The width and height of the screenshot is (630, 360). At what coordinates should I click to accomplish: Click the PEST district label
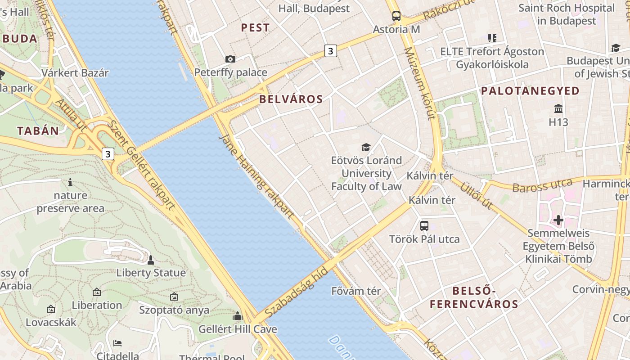[x=255, y=28]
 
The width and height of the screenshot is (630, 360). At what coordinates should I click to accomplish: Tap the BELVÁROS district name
[x=291, y=99]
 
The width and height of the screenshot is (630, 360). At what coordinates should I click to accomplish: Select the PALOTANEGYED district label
[x=530, y=91]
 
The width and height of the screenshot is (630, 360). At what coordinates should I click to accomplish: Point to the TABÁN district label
[x=38, y=131]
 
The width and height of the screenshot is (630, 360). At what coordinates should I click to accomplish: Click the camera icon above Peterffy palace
[x=230, y=59]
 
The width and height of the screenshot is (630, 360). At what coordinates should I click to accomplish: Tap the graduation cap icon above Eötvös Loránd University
[x=366, y=147]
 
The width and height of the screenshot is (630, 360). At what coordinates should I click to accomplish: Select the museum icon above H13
[x=558, y=108]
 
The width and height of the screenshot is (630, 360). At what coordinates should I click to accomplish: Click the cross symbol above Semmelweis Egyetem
[x=558, y=220]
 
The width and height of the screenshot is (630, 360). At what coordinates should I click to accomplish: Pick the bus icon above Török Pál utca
[x=424, y=225]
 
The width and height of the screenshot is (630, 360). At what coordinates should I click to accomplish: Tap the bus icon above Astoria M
[x=396, y=16]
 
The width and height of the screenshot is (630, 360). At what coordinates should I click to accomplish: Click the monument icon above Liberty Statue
[x=151, y=260]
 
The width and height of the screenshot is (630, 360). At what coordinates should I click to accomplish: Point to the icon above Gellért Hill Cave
[x=237, y=316]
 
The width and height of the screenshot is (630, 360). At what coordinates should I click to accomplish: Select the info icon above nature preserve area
[x=70, y=182]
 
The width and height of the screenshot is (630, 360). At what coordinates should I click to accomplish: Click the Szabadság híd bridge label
[x=296, y=293]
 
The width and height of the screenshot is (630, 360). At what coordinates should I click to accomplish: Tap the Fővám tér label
[x=356, y=291]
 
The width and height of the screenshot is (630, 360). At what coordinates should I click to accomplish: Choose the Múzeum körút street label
[x=419, y=84]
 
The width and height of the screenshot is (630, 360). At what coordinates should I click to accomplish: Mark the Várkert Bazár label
[x=75, y=73]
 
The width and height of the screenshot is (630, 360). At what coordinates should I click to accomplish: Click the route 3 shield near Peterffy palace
[x=330, y=51]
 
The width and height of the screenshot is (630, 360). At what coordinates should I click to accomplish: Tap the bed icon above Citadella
[x=117, y=343]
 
